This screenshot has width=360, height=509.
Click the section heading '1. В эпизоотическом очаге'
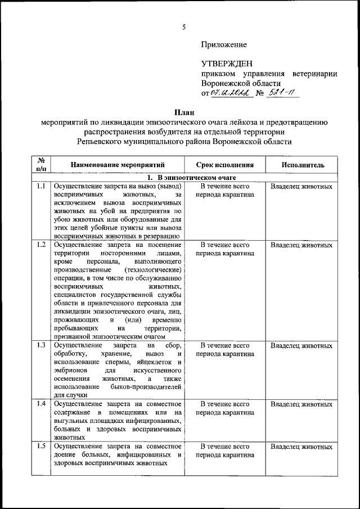pos(183,178)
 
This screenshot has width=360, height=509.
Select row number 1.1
pos(41,186)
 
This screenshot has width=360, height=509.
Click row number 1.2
pos(41,245)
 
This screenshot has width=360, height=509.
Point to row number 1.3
pos(41,344)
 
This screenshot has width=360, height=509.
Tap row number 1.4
pos(41,404)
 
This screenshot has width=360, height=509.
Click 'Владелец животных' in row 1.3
pos(301,345)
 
